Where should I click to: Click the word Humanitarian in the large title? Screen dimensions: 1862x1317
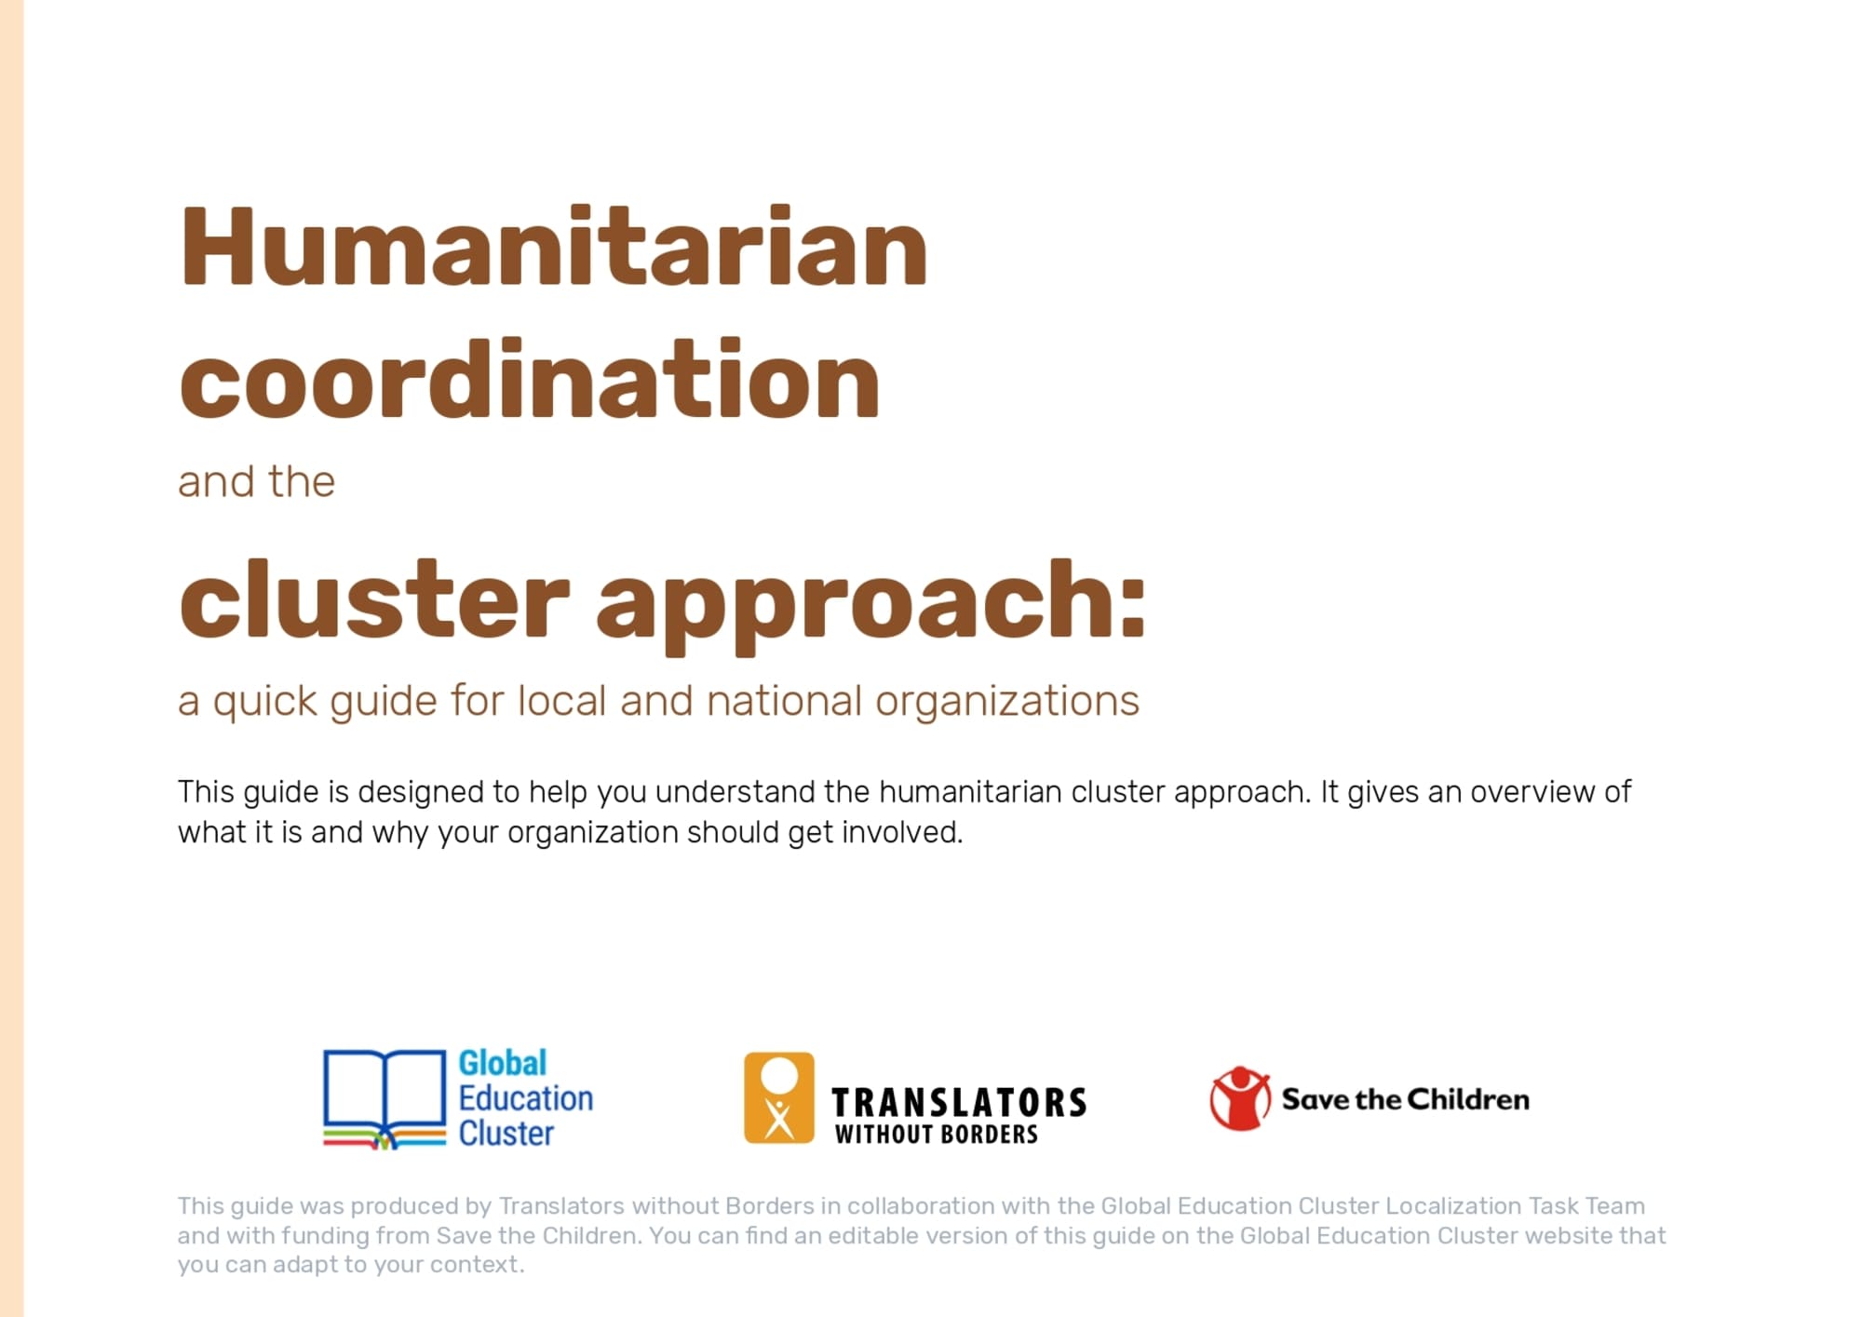pos(553,246)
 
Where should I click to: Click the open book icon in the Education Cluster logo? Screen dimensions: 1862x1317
pos(385,1099)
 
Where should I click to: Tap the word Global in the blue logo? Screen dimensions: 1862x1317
pos(503,1063)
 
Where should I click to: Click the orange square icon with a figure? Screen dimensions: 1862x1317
pos(779,1098)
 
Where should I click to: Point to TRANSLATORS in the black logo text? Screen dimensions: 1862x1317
pos(959,1103)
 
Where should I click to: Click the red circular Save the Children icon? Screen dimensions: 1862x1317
pos(1240,1098)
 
